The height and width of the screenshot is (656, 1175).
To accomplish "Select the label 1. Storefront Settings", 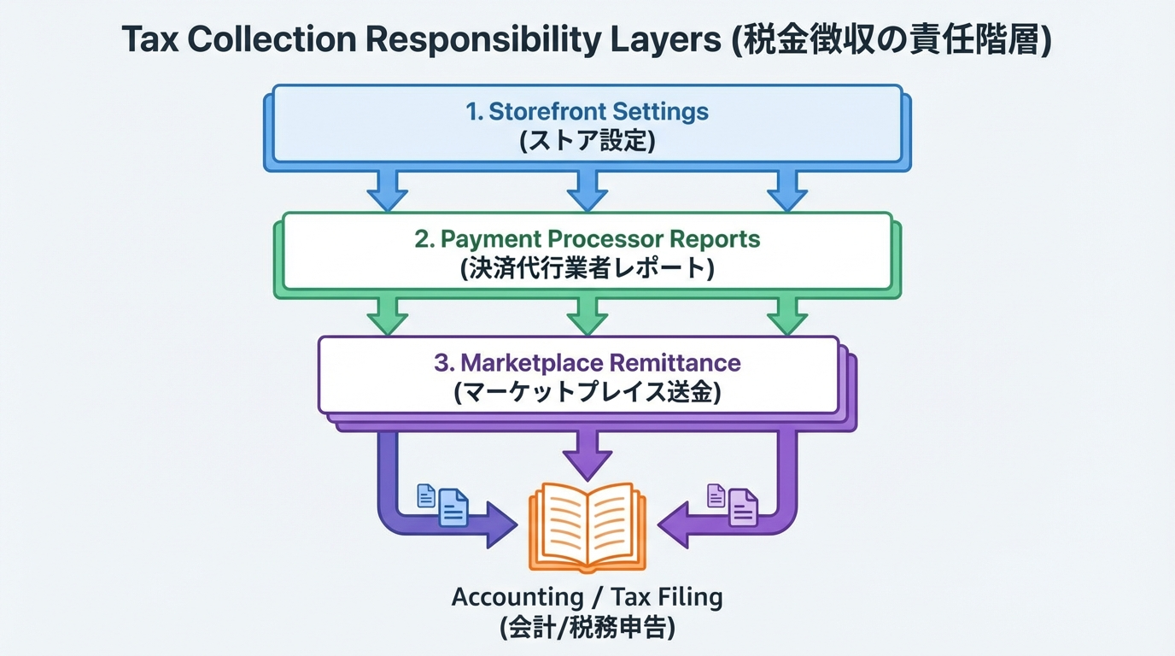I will pyautogui.click(x=587, y=112).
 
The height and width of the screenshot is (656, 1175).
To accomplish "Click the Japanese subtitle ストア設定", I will pyautogui.click(x=587, y=140).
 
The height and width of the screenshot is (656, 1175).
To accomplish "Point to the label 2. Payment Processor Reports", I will pyautogui.click(x=587, y=239).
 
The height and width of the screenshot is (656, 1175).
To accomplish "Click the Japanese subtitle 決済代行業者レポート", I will pyautogui.click(x=587, y=268).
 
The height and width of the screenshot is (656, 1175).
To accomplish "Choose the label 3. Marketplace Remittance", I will pyautogui.click(x=587, y=362).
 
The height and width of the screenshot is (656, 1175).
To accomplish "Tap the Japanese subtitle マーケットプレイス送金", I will pyautogui.click(x=587, y=392).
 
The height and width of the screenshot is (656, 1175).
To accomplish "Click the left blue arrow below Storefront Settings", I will pyautogui.click(x=388, y=189).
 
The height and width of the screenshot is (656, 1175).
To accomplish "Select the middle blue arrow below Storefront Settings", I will pyautogui.click(x=587, y=189).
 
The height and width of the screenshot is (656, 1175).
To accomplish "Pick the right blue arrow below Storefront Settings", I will pyautogui.click(x=786, y=189).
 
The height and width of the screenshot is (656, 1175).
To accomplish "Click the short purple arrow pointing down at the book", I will pyautogui.click(x=587, y=453).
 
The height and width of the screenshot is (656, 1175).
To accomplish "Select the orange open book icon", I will pyautogui.click(x=587, y=525).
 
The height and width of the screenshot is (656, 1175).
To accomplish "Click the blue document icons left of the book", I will pyautogui.click(x=442, y=504).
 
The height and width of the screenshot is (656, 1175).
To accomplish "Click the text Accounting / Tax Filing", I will pyautogui.click(x=587, y=597).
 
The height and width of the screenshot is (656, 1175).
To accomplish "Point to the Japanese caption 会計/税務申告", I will pyautogui.click(x=587, y=628).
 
